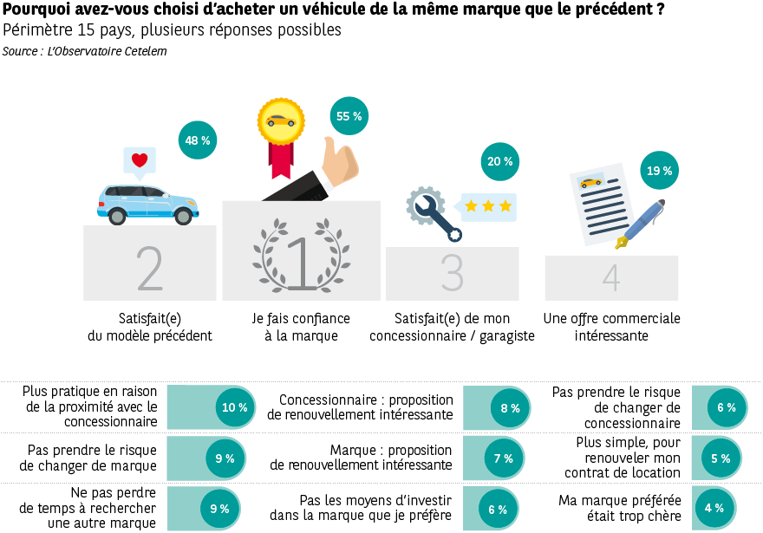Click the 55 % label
349,116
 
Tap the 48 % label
197,140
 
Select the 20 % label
499,161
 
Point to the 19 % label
659,171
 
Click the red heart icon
140,160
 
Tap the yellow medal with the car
280,121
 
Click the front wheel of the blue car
184,215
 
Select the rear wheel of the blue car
117,215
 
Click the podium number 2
149,270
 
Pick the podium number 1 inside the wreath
301,263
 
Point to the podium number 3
452,273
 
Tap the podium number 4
611,278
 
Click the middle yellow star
488,206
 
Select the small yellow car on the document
590,182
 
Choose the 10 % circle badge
235,407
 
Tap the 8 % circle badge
510,408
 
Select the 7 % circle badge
504,458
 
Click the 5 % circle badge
721,458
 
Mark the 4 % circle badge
714,508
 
